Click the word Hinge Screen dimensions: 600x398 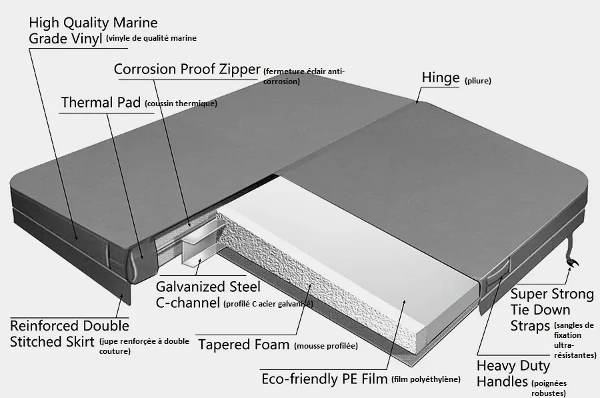[441, 78]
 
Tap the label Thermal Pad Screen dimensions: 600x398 [101, 102]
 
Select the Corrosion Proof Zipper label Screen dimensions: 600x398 [187, 69]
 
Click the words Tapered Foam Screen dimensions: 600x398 [244, 345]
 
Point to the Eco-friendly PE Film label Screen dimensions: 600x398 [325, 379]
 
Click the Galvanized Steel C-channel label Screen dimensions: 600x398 [208, 294]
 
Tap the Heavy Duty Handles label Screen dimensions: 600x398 [513, 373]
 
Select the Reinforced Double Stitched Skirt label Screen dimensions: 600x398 [69, 334]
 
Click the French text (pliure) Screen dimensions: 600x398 [477, 81]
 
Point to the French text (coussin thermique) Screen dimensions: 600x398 [181, 104]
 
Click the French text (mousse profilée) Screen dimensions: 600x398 [326, 346]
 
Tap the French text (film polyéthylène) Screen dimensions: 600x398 [426, 379]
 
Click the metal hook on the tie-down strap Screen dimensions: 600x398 [573, 262]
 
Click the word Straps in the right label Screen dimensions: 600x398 [530, 326]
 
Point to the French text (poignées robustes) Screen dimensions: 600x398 [549, 388]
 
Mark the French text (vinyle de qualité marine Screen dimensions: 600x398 [151, 38]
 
